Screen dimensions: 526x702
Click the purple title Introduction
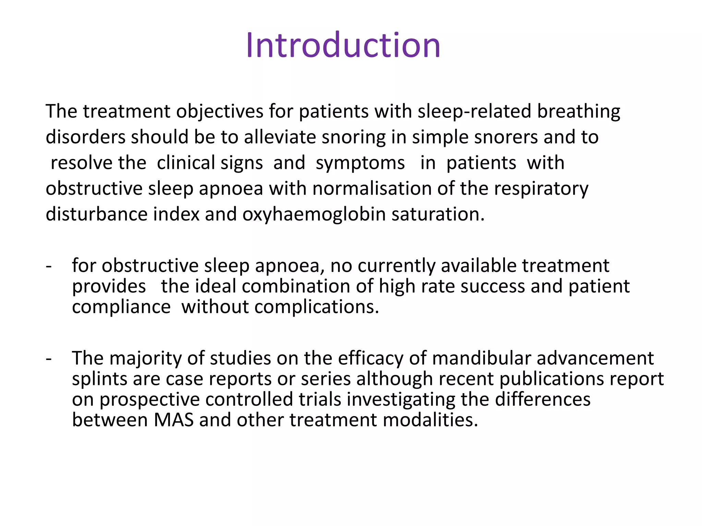343,45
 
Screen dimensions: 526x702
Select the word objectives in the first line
220,112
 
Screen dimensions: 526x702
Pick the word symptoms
360,163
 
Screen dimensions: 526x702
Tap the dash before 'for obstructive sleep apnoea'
49,266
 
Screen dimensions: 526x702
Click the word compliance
121,307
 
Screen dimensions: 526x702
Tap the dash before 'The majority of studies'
49,358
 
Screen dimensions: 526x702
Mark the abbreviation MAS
173,420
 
